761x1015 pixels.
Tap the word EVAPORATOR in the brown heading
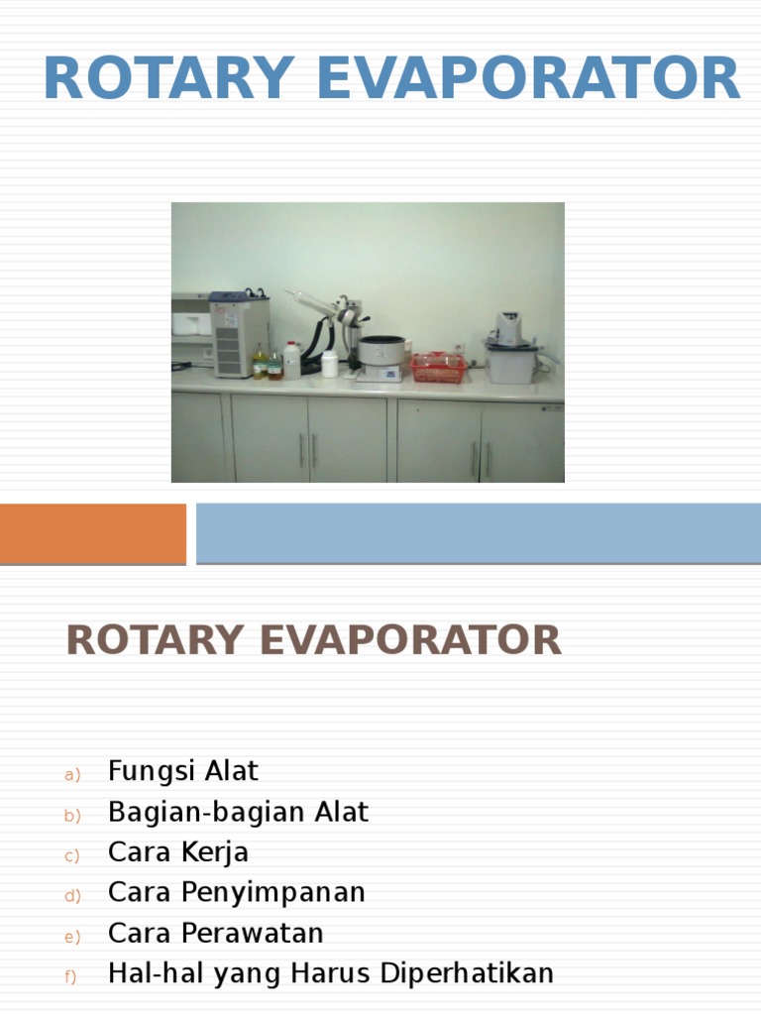pyautogui.click(x=410, y=640)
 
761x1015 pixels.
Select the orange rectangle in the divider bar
pyautogui.click(x=92, y=533)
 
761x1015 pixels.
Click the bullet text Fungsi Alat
pyautogui.click(x=183, y=770)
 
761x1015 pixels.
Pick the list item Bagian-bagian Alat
pyautogui.click(x=238, y=812)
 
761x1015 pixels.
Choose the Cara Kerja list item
pyautogui.click(x=178, y=852)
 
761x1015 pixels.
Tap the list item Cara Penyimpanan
pyautogui.click(x=237, y=892)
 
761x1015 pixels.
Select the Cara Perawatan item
pyautogui.click(x=216, y=933)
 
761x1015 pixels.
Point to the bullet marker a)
pyautogui.click(x=71, y=775)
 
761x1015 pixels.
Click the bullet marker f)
pyautogui.click(x=71, y=977)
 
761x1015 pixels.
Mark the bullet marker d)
pyautogui.click(x=71, y=896)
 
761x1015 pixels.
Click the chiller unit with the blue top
pyautogui.click(x=239, y=333)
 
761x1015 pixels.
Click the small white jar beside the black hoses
pyautogui.click(x=329, y=364)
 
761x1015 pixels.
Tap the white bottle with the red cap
pyautogui.click(x=291, y=359)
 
